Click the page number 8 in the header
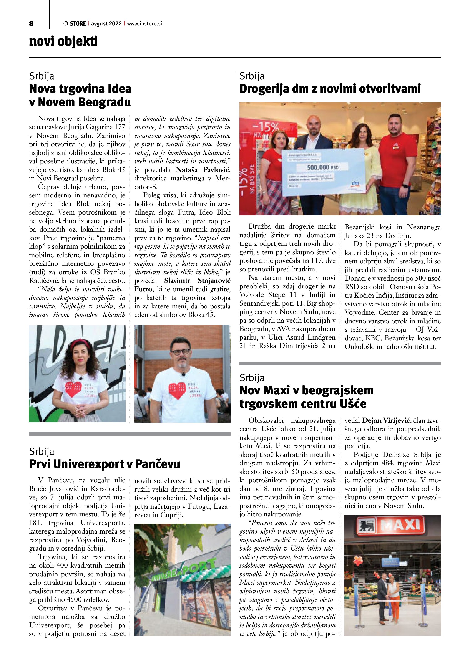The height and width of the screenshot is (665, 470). [x=31, y=24]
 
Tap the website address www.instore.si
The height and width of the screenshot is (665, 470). [x=144, y=24]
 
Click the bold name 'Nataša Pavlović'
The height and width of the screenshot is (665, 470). [x=203, y=170]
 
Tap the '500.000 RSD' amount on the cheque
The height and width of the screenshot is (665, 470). [x=322, y=167]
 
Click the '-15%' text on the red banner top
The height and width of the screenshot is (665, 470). [x=266, y=127]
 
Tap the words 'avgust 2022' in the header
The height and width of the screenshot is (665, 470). [x=106, y=24]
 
